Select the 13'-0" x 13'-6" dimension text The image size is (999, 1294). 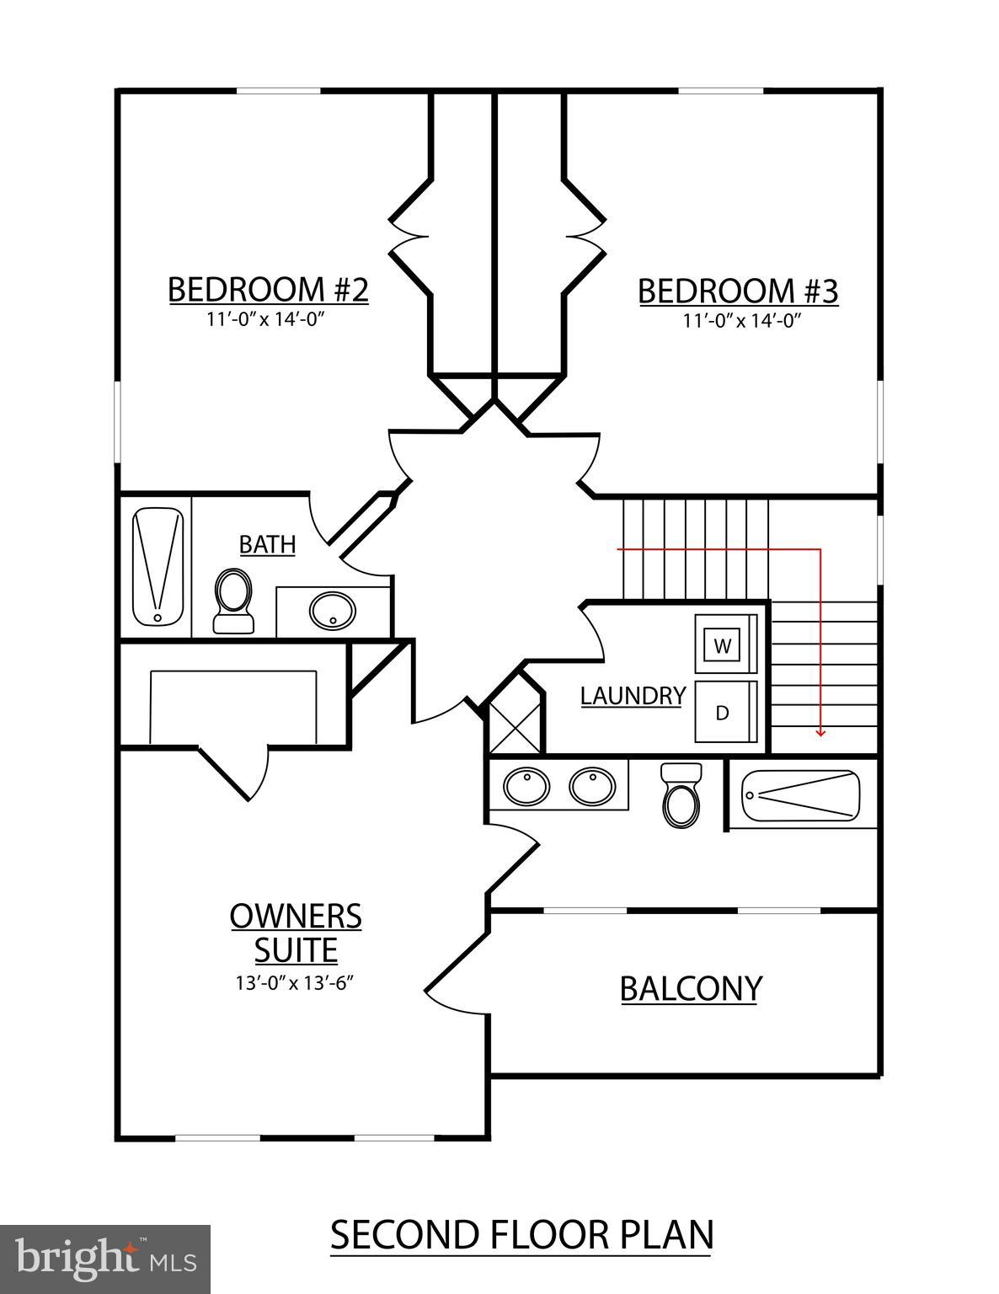point(296,982)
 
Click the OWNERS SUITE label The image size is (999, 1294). point(296,933)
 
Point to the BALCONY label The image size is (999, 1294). point(691,988)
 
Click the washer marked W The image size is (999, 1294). point(723,646)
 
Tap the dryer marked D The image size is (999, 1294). point(723,713)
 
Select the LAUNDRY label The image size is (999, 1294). point(633,696)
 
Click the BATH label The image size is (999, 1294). point(267,545)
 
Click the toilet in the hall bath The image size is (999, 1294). point(233,600)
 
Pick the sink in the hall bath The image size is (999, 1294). point(332,611)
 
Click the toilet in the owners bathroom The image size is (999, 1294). point(681,795)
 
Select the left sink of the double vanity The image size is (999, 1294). point(526,787)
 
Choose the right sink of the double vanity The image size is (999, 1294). point(592,787)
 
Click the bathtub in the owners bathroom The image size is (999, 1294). point(801,794)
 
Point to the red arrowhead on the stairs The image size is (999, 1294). point(820,732)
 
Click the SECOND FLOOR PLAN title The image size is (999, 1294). point(521,1235)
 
